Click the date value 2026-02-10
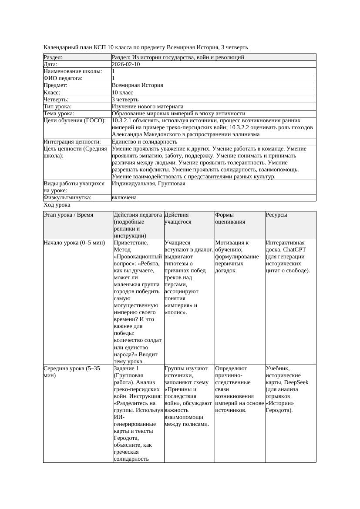pyautogui.click(x=126, y=64)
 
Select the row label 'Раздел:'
pyautogui.click(x=53, y=57)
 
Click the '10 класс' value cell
pyautogui.click(x=122, y=93)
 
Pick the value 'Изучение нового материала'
pyautogui.click(x=147, y=107)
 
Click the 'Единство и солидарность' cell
pyautogui.click(x=145, y=142)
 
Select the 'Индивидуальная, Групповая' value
pyautogui.click(x=148, y=184)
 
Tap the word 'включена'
pyautogui.click(x=124, y=198)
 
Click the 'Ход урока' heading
pyautogui.click(x=57, y=205)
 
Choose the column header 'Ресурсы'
pyautogui.click(x=276, y=215)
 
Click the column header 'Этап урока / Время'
pyautogui.click(x=68, y=215)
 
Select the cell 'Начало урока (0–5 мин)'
pyautogui.click(x=74, y=243)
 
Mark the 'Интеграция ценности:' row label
pyautogui.click(x=72, y=142)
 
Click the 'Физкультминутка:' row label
pyautogui.click(x=67, y=198)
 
